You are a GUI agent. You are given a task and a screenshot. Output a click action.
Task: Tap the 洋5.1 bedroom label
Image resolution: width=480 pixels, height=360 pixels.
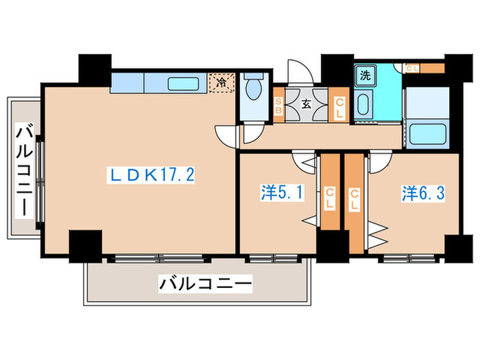tap(283, 193)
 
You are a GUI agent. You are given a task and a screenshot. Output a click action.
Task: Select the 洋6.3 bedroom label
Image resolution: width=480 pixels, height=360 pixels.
tap(424, 193)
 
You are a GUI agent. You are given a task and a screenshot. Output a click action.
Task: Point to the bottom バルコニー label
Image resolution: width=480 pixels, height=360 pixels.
tap(206, 282)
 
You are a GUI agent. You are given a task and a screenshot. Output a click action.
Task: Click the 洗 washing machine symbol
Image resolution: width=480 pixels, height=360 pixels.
tap(365, 76)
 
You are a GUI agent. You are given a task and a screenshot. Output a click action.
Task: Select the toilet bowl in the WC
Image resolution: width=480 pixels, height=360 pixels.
tap(254, 88)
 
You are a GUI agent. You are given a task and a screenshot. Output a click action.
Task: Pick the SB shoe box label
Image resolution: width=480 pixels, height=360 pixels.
tap(279, 106)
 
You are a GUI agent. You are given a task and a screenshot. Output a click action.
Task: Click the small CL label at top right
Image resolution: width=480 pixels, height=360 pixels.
tap(413, 68)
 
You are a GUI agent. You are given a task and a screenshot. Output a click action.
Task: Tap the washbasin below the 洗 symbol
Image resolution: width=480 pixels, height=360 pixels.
tap(363, 105)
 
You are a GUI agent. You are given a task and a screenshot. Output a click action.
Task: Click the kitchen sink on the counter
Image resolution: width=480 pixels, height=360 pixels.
tap(184, 84)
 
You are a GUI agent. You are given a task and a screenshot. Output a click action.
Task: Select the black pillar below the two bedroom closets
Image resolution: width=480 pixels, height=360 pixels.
tap(333, 246)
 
